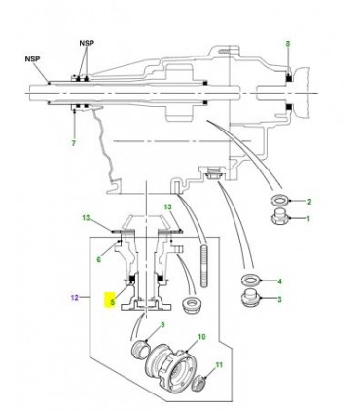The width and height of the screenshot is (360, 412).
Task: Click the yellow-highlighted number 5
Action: click(x=113, y=301)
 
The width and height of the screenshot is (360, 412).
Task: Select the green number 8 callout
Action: click(x=287, y=45)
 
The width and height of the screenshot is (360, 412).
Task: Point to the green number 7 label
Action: click(x=72, y=144)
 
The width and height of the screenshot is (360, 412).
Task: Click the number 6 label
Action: click(x=98, y=259)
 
